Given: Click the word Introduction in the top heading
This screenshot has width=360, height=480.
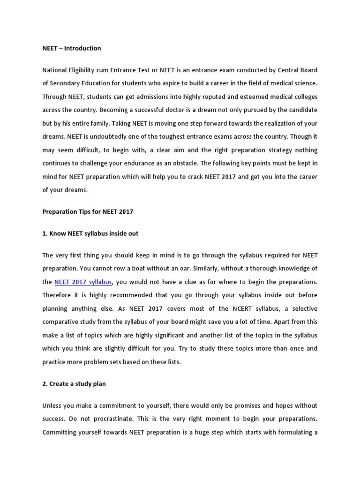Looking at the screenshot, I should tap(82, 48).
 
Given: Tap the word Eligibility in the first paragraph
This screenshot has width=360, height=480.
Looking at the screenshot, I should tap(84, 70).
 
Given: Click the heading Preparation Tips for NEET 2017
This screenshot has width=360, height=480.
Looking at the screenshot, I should tap(88, 211).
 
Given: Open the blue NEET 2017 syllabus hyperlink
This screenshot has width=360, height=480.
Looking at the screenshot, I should tap(83, 282).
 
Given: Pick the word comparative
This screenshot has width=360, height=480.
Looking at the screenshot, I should tap(61, 322).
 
